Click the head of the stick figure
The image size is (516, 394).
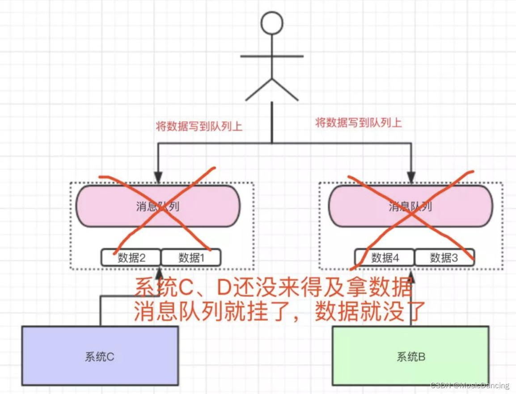(272, 23)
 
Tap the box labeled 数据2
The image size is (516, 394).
(131, 257)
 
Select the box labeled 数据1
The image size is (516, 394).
(191, 257)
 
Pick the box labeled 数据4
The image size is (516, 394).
(385, 257)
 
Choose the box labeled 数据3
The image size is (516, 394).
(444, 257)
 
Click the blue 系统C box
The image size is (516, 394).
(100, 355)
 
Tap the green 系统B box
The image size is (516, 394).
(410, 355)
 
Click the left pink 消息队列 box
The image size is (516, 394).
(158, 206)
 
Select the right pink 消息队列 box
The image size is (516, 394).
(410, 206)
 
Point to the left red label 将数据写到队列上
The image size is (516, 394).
(199, 126)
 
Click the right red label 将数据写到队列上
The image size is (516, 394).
(359, 123)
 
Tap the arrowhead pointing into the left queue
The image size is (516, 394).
(157, 177)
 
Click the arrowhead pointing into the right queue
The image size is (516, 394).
(410, 177)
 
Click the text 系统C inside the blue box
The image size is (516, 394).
(100, 357)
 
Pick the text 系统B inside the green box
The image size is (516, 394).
(410, 357)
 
